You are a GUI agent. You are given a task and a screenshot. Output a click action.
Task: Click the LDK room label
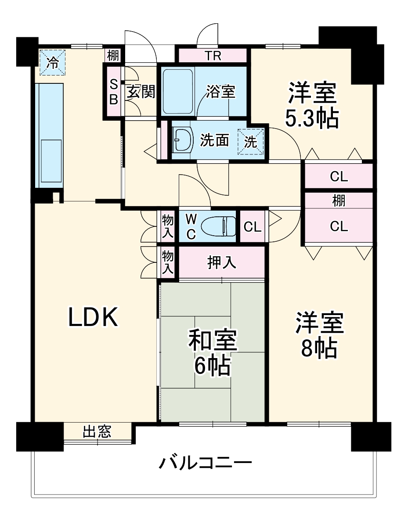[94, 317]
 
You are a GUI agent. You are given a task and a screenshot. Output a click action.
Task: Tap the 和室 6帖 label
[213, 353]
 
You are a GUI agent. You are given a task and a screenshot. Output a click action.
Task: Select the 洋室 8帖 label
[319, 335]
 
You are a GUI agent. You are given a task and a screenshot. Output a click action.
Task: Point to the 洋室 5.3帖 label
[312, 105]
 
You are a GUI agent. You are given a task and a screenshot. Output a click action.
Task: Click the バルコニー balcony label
[205, 463]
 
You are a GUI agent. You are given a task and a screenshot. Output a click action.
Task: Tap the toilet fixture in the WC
[217, 226]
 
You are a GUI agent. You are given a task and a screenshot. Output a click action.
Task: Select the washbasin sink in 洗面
[182, 140]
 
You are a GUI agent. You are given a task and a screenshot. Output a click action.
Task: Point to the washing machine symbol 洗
[251, 141]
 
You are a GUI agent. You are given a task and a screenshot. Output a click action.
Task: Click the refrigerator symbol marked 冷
[52, 62]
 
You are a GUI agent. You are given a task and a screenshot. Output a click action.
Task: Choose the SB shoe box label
[113, 92]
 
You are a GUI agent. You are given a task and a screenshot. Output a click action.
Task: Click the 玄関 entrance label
[141, 92]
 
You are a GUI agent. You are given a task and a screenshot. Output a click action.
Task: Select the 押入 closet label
[222, 262]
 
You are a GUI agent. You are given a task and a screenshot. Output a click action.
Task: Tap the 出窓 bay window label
[97, 432]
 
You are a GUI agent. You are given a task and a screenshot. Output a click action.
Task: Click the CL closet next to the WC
[253, 227]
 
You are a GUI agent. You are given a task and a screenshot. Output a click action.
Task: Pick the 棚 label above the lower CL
[338, 201]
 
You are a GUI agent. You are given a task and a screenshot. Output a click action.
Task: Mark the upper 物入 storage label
[167, 226]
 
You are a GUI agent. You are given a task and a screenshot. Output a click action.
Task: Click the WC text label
[191, 226]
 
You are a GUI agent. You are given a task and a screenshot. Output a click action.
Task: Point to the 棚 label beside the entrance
[113, 56]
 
